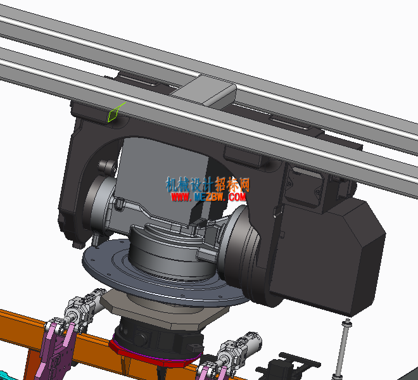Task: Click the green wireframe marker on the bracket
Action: pos(114,113)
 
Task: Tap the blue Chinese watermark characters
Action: pos(189,184)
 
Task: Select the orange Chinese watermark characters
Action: pos(232,184)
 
